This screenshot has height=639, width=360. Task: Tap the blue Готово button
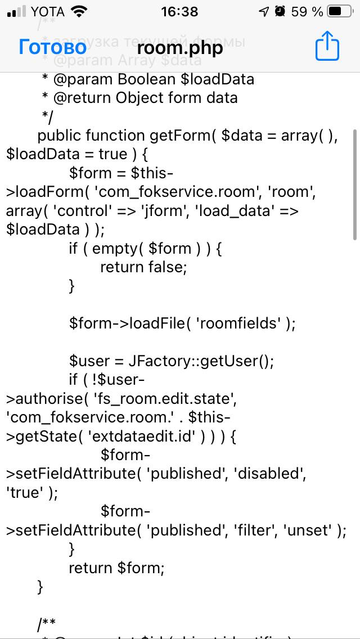tap(52, 47)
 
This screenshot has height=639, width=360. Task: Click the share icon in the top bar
tap(327, 46)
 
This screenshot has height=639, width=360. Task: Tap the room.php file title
tap(180, 48)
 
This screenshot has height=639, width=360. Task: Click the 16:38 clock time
tap(179, 11)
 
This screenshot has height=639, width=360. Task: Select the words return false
tap(143, 267)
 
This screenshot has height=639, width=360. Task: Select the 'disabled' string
tap(272, 474)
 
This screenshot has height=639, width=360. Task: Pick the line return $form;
tap(116, 568)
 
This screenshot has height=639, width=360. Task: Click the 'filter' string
tap(255, 530)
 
